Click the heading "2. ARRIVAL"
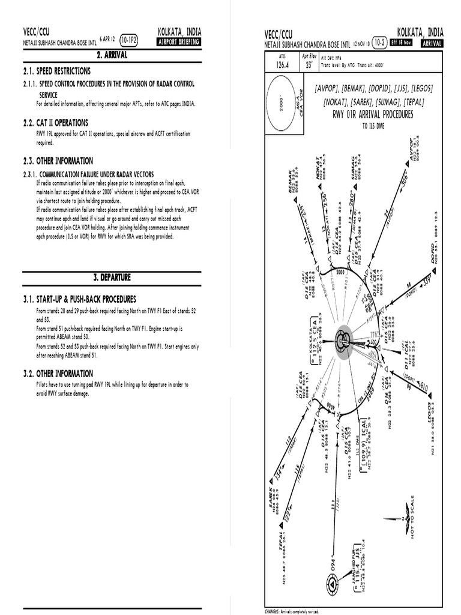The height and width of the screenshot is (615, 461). [112, 55]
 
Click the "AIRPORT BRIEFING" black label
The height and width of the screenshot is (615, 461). [178, 42]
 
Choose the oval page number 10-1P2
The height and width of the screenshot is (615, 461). [129, 41]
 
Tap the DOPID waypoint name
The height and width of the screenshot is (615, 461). [426, 252]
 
